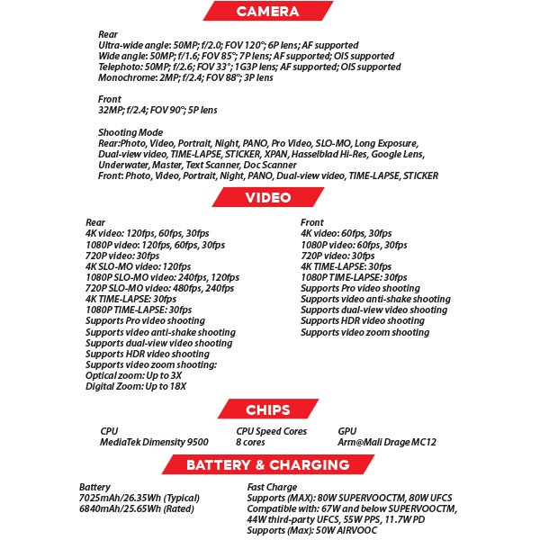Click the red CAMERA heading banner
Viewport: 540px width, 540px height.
click(x=267, y=11)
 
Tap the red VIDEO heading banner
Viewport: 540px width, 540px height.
click(x=267, y=197)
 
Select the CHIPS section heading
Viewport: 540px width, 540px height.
click(x=267, y=410)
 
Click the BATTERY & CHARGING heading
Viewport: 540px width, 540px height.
click(x=267, y=465)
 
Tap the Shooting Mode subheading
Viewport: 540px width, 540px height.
click(x=129, y=132)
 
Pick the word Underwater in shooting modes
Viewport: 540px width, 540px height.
click(x=122, y=165)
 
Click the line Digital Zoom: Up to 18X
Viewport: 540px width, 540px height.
click(x=136, y=386)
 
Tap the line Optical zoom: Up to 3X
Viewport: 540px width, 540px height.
click(x=133, y=375)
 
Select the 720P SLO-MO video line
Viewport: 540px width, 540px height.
click(x=153, y=288)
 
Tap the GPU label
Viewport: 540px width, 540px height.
click(x=346, y=431)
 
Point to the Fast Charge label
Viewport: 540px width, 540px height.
click(x=272, y=487)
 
